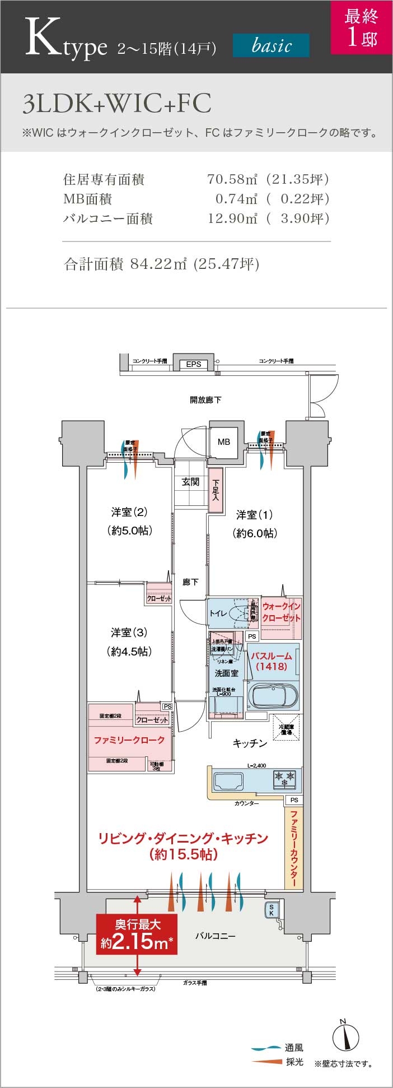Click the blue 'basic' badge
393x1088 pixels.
(x=271, y=45)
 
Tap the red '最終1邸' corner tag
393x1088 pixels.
(x=361, y=27)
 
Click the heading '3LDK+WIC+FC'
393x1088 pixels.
(x=117, y=104)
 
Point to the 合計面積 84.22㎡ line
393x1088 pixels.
(x=162, y=264)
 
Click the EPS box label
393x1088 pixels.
(x=194, y=364)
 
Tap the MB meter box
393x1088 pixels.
(x=224, y=441)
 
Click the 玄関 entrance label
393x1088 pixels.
(x=190, y=482)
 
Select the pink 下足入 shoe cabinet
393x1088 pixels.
(x=216, y=490)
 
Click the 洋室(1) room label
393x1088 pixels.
(x=255, y=515)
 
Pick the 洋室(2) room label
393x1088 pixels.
(x=129, y=512)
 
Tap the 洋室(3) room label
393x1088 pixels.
(x=129, y=633)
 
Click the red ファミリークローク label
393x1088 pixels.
(x=129, y=740)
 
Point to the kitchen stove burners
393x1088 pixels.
(x=284, y=778)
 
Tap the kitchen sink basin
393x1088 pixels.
(x=229, y=780)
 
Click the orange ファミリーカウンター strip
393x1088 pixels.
(x=294, y=848)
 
